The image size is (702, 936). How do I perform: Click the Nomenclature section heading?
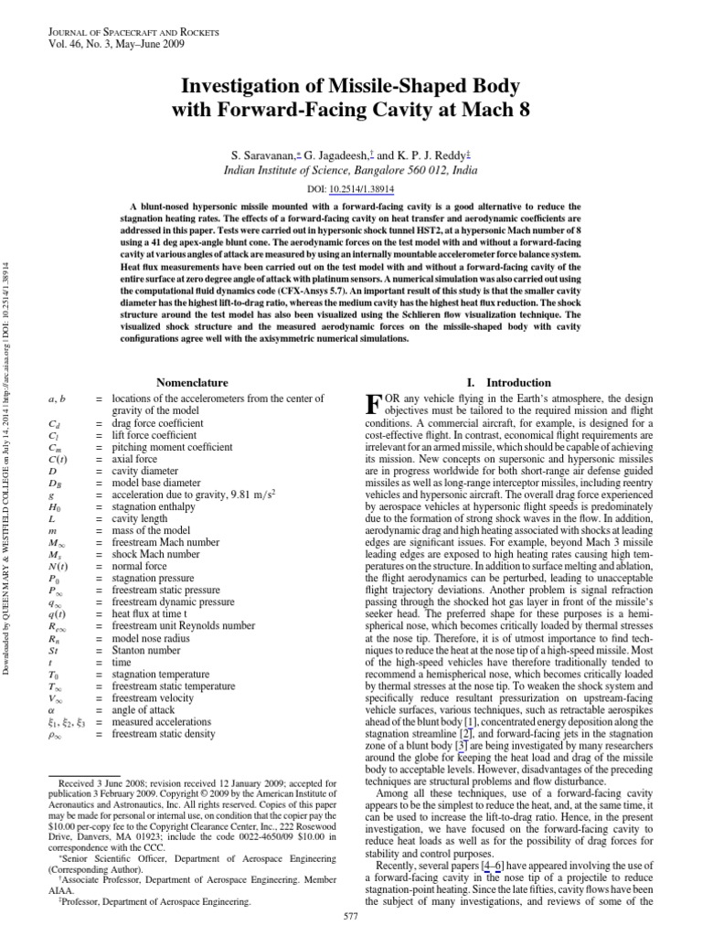point(193,382)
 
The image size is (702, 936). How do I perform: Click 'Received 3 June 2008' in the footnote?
point(104,784)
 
